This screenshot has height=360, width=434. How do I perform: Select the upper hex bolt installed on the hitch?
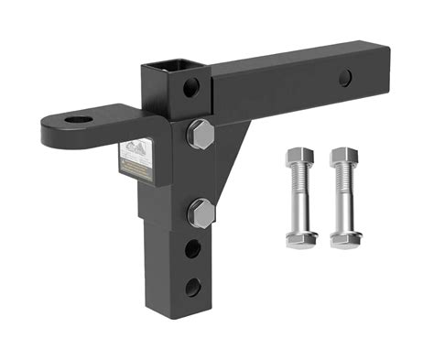tap(201, 135)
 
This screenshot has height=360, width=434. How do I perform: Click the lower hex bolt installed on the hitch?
tap(201, 214)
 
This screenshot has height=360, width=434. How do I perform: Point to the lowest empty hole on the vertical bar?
tap(192, 286)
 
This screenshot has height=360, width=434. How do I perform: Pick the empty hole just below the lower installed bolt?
tap(193, 248)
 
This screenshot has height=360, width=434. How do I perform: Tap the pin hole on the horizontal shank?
tap(345, 78)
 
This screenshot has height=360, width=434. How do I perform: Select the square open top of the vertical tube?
tap(169, 68)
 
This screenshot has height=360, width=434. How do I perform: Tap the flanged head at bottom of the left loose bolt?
tap(300, 240)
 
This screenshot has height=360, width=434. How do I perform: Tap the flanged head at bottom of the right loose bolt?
tap(345, 240)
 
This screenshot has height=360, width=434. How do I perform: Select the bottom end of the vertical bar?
tap(174, 315)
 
